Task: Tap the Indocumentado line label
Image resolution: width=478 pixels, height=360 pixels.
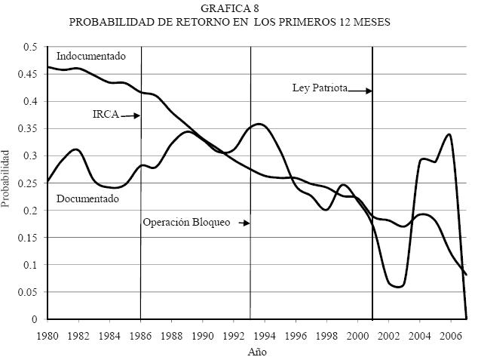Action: (x=91, y=56)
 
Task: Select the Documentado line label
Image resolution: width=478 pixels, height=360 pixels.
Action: (x=88, y=198)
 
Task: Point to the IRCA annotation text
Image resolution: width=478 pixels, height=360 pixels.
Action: (x=106, y=115)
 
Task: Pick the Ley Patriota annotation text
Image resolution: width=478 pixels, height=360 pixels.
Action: (x=320, y=88)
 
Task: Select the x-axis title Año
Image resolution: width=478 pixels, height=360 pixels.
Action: (x=257, y=351)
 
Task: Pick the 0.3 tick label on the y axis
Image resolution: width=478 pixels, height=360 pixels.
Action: (x=31, y=155)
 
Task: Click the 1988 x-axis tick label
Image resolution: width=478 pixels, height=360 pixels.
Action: (x=172, y=334)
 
